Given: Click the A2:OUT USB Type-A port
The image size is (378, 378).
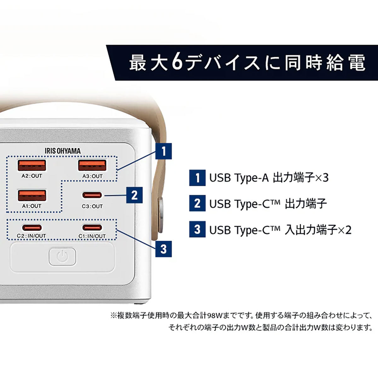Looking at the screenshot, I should (31, 165).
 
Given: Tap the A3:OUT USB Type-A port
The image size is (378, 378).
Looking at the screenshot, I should (92, 165).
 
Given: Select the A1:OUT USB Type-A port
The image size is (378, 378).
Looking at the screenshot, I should (31, 195).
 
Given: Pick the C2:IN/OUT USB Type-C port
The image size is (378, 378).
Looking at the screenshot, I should (31, 227).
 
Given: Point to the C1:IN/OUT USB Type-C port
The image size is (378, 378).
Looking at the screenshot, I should (92, 227).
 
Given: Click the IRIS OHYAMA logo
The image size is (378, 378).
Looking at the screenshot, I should (62, 151).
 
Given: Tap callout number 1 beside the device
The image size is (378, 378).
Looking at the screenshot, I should (163, 151).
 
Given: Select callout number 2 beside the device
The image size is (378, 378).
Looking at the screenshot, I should (134, 195).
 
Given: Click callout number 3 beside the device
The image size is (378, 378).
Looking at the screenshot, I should (163, 249).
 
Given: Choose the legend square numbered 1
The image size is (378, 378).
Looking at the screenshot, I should (197, 178).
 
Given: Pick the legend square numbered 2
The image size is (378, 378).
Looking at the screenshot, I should (197, 203).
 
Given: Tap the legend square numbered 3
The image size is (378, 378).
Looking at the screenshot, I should (197, 229).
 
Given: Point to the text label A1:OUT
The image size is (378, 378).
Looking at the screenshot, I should (31, 206).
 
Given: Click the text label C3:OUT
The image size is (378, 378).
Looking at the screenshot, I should (92, 206).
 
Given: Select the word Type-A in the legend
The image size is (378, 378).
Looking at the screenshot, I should (251, 178).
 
